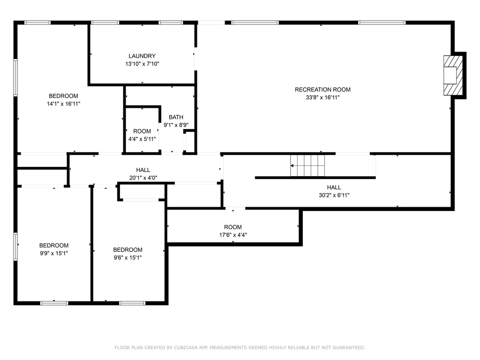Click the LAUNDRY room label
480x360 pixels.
pos(142,56)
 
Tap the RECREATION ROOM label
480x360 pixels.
pos(322,90)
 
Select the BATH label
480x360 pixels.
pos(176,117)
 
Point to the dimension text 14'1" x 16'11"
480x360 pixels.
pos(63,104)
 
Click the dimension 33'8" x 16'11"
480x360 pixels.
pos(322,97)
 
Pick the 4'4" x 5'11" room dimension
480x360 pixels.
pos(142,139)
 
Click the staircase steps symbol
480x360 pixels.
pos(307,165)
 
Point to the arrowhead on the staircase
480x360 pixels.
pos(292,165)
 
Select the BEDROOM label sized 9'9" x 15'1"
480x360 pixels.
pos(54,246)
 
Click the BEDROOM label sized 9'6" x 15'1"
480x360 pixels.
pos(127,250)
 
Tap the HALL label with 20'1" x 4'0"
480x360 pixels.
pos(143,170)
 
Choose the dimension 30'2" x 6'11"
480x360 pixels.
pos(334,195)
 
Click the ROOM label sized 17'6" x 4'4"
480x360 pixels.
pos(233,227)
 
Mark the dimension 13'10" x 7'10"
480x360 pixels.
pos(142,64)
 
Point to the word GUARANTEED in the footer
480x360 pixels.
pos(349,347)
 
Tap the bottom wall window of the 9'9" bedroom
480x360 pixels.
pos(54,303)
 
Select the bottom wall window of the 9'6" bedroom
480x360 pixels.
pos(132,303)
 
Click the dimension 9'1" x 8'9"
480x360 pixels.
pos(176,125)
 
